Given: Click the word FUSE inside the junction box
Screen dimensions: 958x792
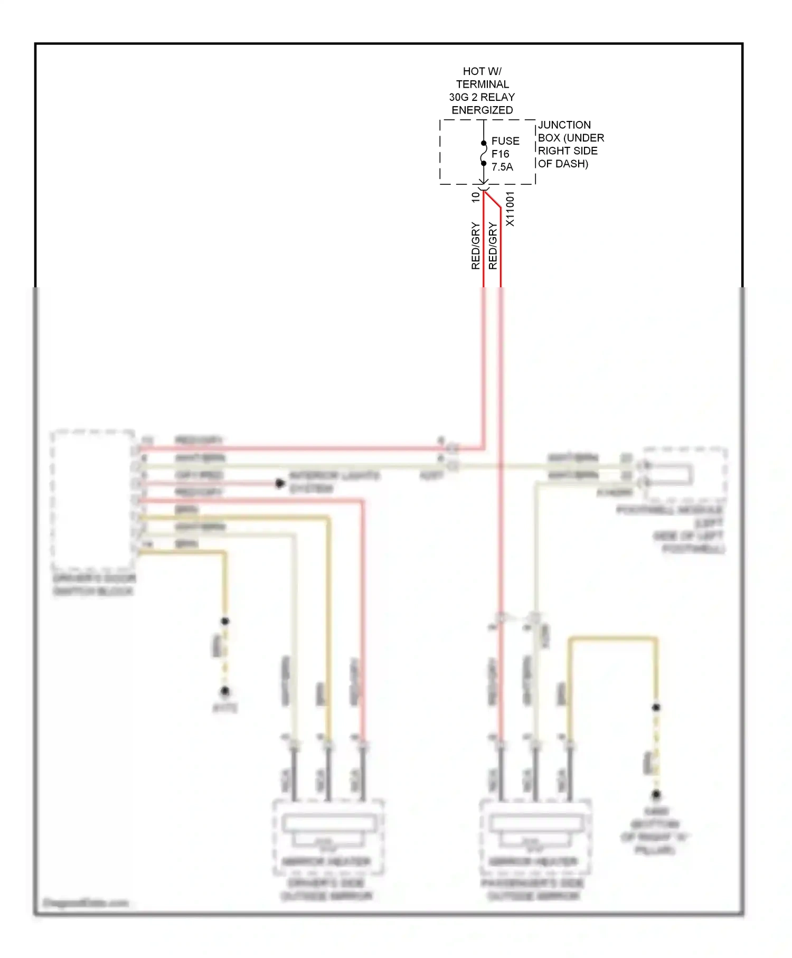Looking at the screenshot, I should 505,141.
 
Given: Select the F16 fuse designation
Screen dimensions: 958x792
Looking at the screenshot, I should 500,154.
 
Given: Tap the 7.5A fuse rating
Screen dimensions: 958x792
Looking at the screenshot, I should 502,167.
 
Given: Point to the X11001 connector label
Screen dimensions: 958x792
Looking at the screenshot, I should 510,209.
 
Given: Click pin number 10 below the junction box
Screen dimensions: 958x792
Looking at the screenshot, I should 475,197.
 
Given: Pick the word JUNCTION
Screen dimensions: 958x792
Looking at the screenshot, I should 564,125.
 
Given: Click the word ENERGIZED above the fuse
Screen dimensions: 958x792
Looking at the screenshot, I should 482,110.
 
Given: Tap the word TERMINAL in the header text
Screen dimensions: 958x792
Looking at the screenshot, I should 482,84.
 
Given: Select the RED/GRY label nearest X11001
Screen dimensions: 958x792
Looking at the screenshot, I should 493,246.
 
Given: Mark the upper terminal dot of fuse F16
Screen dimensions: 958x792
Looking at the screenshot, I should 484,143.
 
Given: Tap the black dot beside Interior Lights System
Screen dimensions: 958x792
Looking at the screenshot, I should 280,483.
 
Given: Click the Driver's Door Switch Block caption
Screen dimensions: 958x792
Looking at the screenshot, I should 94,584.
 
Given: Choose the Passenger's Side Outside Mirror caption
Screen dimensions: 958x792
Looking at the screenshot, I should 533,889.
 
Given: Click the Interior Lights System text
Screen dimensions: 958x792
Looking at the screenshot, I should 334,482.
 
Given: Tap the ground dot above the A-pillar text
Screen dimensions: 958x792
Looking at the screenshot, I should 656,794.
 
